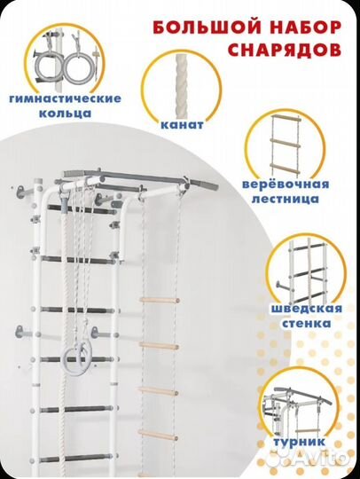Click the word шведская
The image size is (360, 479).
[x=303, y=308]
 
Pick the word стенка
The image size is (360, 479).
[x=303, y=325]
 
